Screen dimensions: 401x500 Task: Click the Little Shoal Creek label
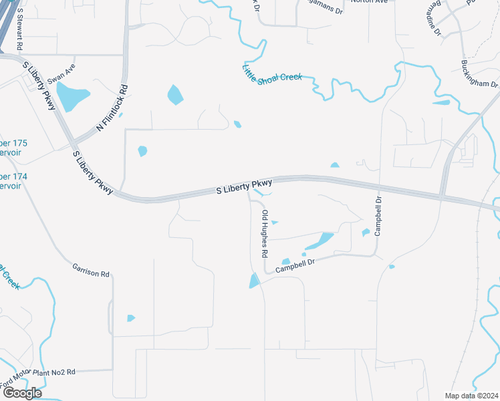(272, 72)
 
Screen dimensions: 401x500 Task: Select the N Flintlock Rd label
(112, 108)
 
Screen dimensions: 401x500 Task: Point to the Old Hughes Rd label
(265, 235)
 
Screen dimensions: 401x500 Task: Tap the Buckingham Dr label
(479, 74)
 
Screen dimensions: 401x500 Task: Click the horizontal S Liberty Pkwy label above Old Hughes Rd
(244, 186)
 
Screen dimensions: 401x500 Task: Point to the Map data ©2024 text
(471, 396)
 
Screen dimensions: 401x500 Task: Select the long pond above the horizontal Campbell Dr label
(321, 241)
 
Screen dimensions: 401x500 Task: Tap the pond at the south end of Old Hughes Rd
(254, 281)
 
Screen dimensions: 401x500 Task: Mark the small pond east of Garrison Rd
(130, 318)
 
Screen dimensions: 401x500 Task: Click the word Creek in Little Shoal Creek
(289, 77)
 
